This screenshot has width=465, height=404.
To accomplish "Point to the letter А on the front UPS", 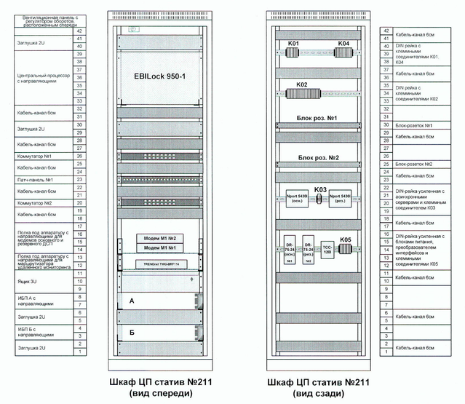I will (132, 300).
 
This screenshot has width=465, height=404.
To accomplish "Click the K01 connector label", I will (293, 44).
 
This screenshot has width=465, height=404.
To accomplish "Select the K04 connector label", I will (343, 44).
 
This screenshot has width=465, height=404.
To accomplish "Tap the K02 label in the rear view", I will (301, 86).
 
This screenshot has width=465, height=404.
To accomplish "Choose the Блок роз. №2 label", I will (318, 157).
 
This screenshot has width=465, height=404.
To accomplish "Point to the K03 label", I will (319, 189).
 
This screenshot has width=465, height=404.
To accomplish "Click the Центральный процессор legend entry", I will (42, 79).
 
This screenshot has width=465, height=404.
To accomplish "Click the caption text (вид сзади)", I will (319, 393).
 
